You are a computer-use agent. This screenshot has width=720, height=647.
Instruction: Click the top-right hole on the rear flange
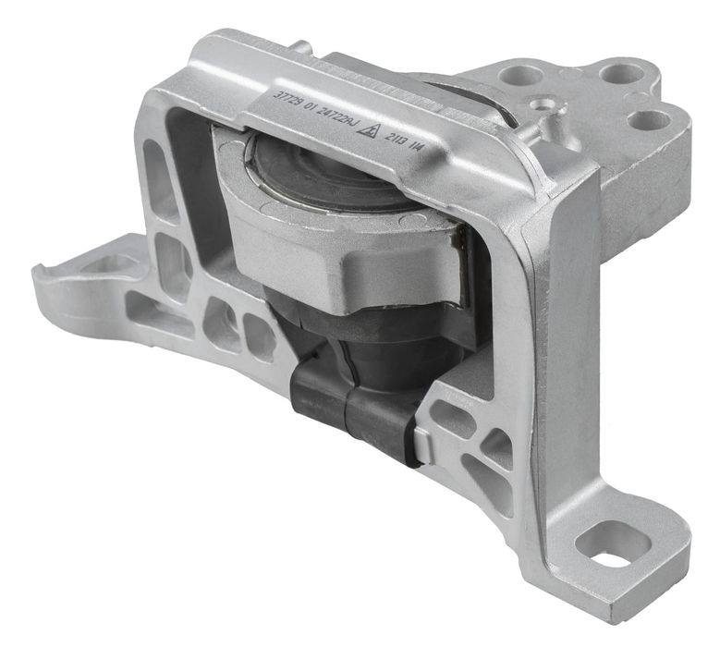coord(612,72)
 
